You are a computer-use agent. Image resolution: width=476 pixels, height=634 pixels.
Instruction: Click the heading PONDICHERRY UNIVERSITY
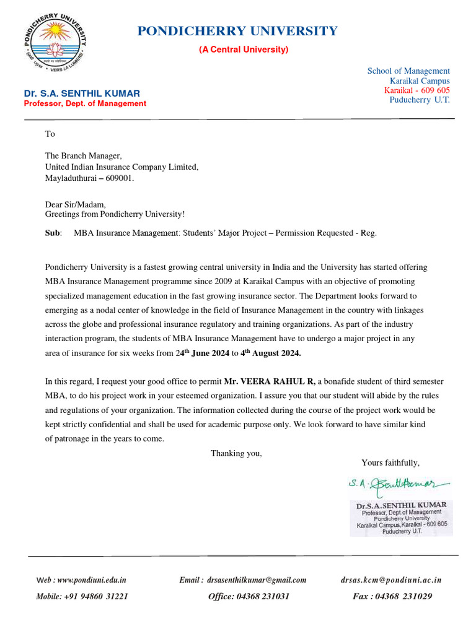(237, 31)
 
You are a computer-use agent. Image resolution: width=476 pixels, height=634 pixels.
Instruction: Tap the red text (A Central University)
(244, 50)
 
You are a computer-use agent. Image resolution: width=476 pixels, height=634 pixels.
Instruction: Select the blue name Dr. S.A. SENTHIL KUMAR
(82, 93)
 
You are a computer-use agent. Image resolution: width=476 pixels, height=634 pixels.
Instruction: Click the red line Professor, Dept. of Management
(85, 104)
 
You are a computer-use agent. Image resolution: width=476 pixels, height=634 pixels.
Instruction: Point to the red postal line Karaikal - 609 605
(417, 90)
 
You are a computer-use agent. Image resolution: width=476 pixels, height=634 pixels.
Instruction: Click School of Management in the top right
(408, 71)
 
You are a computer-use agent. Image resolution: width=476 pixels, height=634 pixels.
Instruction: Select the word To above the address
(50, 134)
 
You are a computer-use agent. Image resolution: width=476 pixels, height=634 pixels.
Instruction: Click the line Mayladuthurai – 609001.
(89, 178)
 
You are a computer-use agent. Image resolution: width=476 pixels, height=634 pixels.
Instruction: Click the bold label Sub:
(53, 233)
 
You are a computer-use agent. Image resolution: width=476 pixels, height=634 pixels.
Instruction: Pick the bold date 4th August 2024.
(271, 354)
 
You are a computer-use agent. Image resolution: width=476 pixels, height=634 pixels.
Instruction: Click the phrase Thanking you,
(236, 453)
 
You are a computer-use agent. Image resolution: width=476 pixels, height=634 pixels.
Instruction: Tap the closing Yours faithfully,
(390, 462)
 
